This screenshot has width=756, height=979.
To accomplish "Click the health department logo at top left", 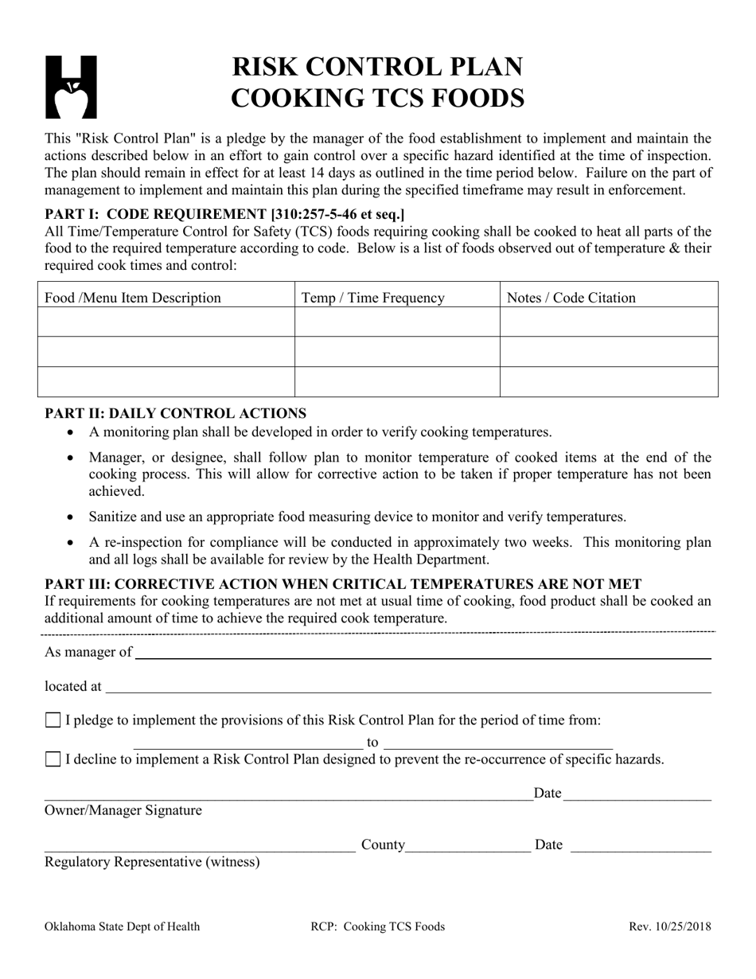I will tap(71, 87).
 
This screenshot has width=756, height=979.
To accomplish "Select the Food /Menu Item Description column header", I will tap(133, 298).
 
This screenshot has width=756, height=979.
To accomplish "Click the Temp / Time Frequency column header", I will tap(373, 298).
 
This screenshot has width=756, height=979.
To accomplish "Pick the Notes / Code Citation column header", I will tap(571, 298).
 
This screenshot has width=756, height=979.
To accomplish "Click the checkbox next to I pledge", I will tap(53, 720).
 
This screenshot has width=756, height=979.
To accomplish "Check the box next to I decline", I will tap(53, 759).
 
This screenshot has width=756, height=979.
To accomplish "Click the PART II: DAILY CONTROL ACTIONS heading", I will tap(175, 413).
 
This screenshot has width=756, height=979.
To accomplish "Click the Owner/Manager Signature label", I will tap(123, 810).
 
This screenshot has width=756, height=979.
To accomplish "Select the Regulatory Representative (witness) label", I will tap(152, 861).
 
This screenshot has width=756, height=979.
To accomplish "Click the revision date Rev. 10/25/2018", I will tap(670, 926).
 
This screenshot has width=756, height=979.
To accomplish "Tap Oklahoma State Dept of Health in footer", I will tap(123, 926).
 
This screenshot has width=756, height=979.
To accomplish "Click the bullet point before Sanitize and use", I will tap(72, 517).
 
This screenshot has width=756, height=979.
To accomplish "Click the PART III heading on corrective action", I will tap(343, 584).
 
